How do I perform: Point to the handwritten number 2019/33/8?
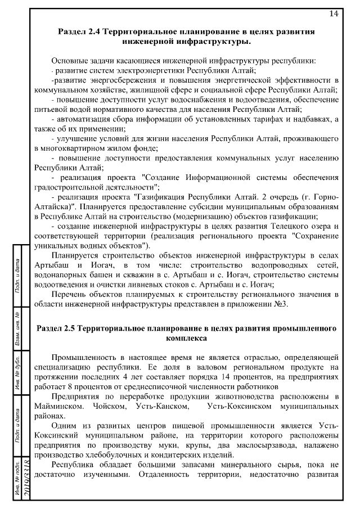click(x=26, y=481)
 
